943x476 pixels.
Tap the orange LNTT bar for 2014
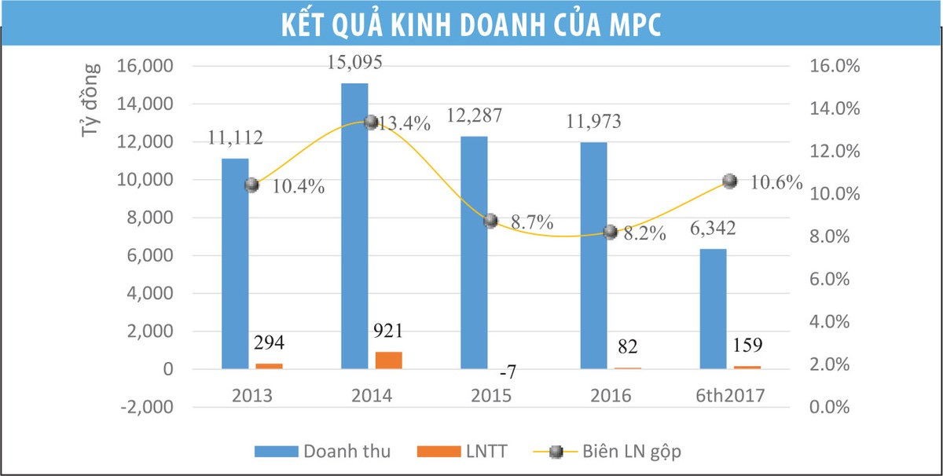[x=388, y=360]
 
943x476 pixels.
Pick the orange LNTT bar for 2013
[x=269, y=366]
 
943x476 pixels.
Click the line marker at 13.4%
[x=371, y=122]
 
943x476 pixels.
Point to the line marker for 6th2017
[x=729, y=181]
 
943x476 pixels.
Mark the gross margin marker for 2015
[x=490, y=221]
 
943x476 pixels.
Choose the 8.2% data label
[x=645, y=233]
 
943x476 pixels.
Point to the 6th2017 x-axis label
[x=729, y=396]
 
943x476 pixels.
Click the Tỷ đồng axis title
[x=91, y=100]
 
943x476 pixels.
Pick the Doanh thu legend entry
[x=347, y=451]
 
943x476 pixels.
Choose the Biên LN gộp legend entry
[x=637, y=451]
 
